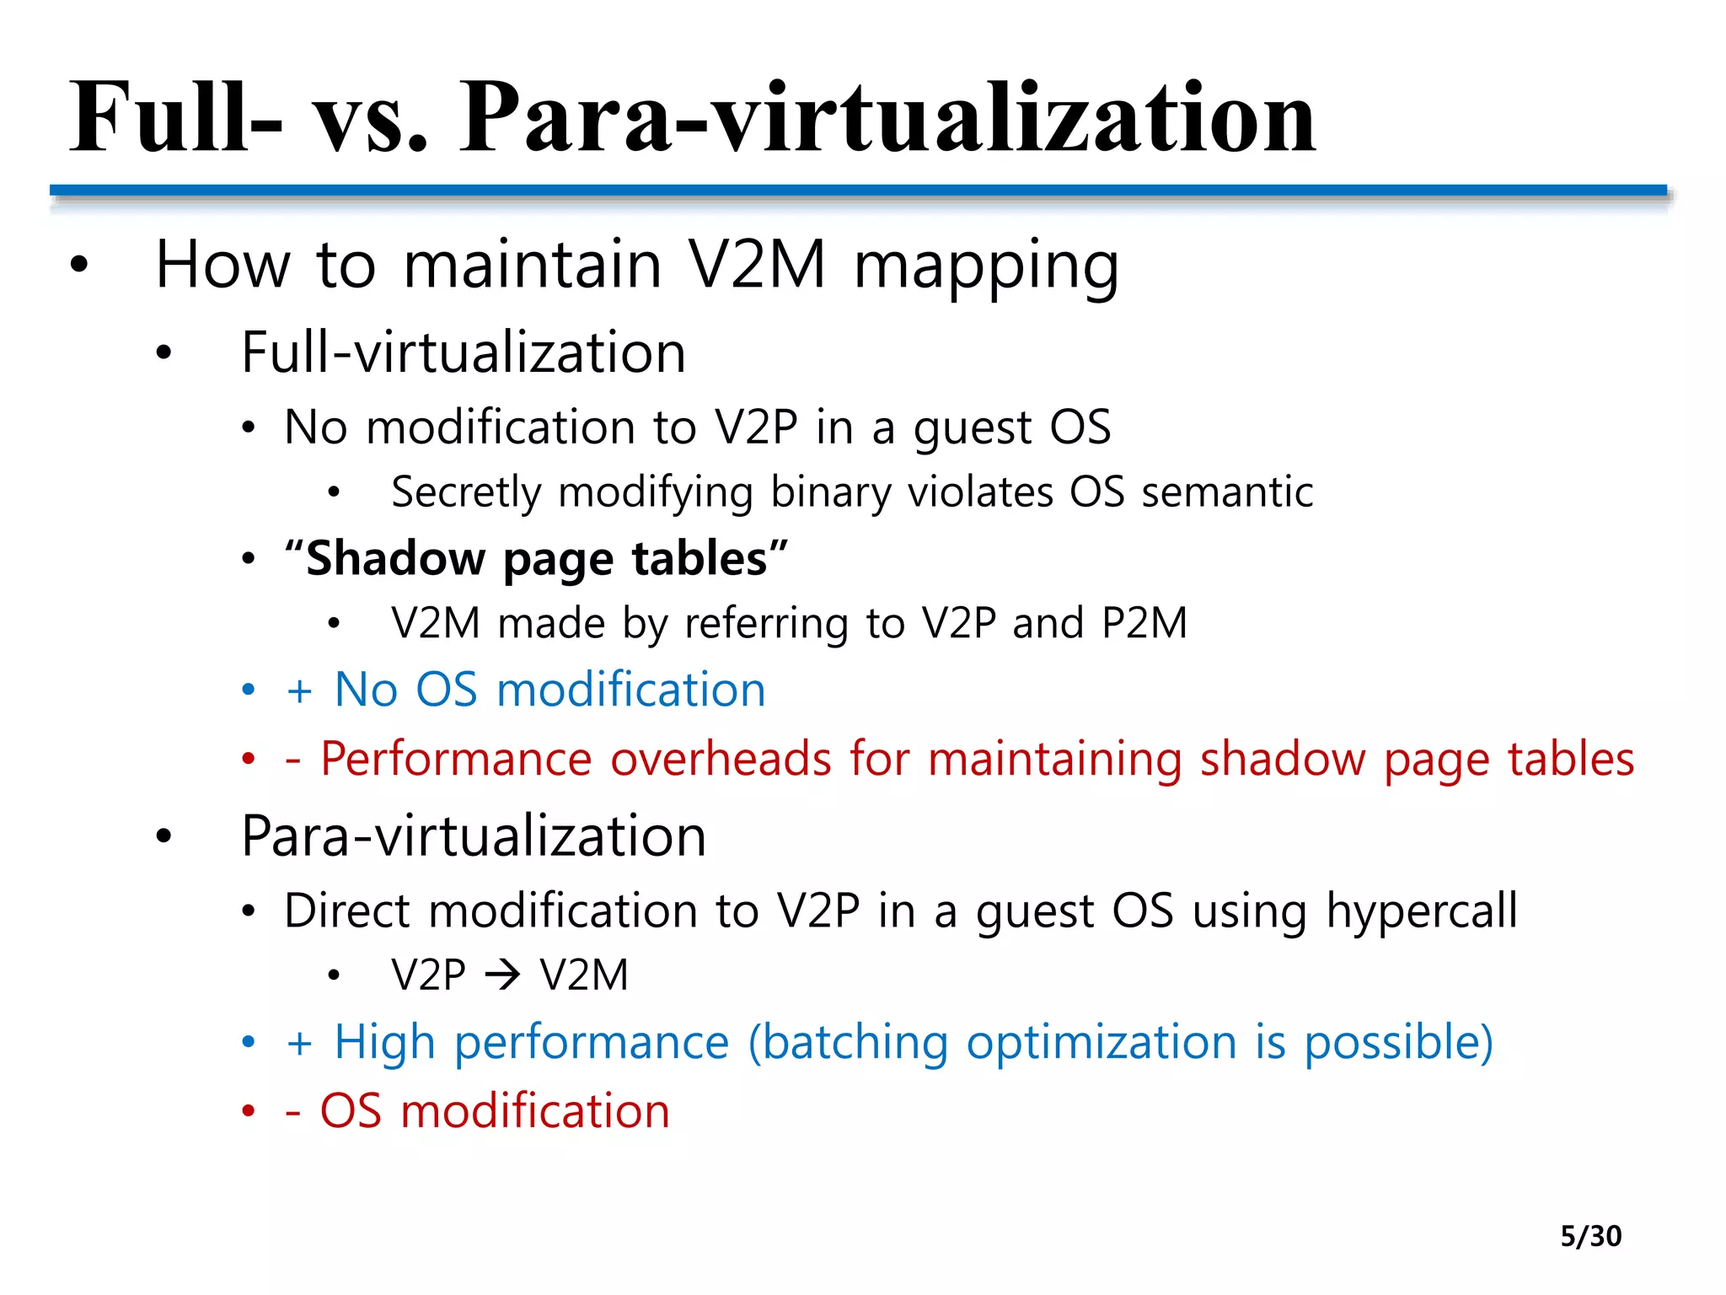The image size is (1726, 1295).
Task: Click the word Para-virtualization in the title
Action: (x=887, y=118)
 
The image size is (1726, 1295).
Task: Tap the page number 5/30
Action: (x=1590, y=1236)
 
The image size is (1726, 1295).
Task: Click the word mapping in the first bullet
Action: (x=986, y=266)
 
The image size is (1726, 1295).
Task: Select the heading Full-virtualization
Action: (x=463, y=352)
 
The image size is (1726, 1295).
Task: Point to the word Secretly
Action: (x=466, y=492)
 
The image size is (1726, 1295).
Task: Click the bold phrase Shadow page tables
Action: (x=537, y=559)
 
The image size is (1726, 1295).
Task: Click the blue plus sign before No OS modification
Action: (x=299, y=691)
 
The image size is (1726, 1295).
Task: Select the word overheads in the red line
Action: (x=721, y=759)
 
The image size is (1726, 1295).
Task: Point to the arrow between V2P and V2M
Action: (x=503, y=976)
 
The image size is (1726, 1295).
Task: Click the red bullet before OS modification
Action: (x=248, y=1112)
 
